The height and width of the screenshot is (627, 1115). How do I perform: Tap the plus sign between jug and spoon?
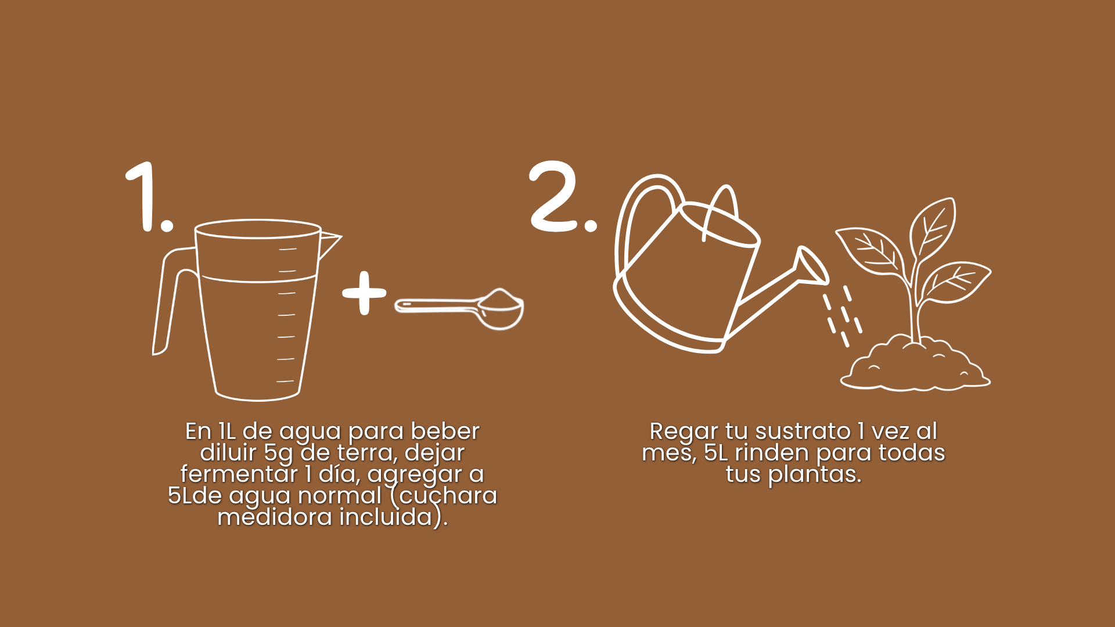click(x=364, y=293)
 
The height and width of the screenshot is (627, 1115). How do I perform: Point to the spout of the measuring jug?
click(x=330, y=244)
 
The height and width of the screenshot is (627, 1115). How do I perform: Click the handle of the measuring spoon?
click(x=436, y=306)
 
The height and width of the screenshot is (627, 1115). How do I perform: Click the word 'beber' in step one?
click(x=445, y=431)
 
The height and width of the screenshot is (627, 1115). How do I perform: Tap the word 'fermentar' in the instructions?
click(x=239, y=474)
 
